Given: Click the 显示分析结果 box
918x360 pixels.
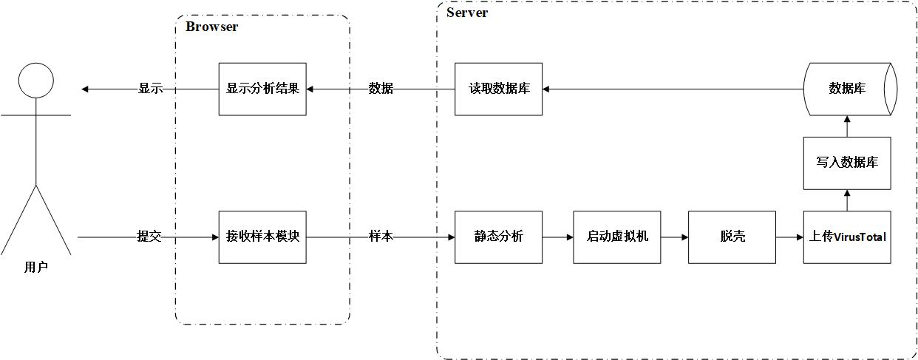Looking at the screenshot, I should pyautogui.click(x=262, y=89).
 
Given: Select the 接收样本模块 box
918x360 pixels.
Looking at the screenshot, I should pyautogui.click(x=262, y=237).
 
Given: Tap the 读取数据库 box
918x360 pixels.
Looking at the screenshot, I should pyautogui.click(x=498, y=89).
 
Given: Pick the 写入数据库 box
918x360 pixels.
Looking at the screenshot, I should pyautogui.click(x=847, y=163).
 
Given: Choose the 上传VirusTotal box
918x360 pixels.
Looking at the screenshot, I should pyautogui.click(x=847, y=237).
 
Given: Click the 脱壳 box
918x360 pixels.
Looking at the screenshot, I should pyautogui.click(x=732, y=237).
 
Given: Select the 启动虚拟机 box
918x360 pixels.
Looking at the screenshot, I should pyautogui.click(x=617, y=237).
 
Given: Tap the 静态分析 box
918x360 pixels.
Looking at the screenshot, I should pyautogui.click(x=498, y=237).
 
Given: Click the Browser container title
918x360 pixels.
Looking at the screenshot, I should pyautogui.click(x=211, y=27).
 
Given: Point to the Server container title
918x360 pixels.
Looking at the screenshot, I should pyautogui.click(x=467, y=13).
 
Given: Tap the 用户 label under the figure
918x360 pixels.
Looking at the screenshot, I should pyautogui.click(x=36, y=268).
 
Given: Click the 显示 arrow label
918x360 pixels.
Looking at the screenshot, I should pyautogui.click(x=150, y=89).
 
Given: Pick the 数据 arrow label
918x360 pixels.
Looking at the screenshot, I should pyautogui.click(x=381, y=89).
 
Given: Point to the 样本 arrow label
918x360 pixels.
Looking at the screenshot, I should pyautogui.click(x=381, y=237).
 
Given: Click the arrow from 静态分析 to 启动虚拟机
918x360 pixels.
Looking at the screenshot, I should pyautogui.click(x=558, y=237).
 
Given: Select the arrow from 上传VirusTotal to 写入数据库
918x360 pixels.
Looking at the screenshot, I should pyautogui.click(x=847, y=200).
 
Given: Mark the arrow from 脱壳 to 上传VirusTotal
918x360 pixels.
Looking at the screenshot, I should pyautogui.click(x=789, y=237).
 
